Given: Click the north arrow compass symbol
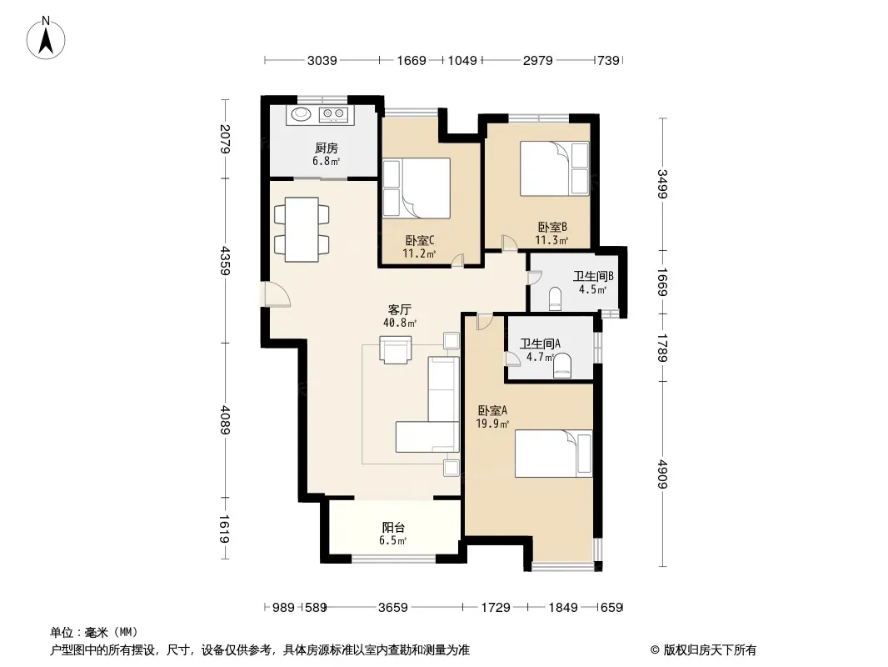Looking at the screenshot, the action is [x=46, y=38].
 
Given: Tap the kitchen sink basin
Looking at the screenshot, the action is [x=302, y=114].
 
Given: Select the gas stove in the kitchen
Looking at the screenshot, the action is [x=333, y=114].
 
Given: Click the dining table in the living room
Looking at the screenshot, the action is [x=302, y=229].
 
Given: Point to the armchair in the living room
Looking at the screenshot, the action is [x=396, y=349].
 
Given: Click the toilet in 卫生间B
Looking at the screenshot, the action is [x=556, y=298].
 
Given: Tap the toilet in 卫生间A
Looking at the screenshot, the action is [x=561, y=365].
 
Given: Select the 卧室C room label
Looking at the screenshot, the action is [x=420, y=241].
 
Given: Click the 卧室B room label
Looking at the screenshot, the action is [x=552, y=228].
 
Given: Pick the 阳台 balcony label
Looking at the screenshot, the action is [x=393, y=528].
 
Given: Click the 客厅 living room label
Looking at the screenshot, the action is [x=399, y=310].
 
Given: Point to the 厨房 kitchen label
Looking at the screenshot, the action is [x=327, y=148].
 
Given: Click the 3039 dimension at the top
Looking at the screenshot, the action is [x=322, y=60].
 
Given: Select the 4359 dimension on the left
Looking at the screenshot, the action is [x=226, y=260].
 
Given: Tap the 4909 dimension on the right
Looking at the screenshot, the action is [x=663, y=474].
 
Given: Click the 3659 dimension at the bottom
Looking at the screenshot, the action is [x=393, y=608].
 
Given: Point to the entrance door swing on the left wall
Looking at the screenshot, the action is [x=277, y=294].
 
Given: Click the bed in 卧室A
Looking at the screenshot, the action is [x=553, y=454].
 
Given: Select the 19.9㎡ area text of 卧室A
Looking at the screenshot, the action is [x=492, y=424].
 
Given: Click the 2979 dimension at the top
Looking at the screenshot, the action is [x=537, y=60].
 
